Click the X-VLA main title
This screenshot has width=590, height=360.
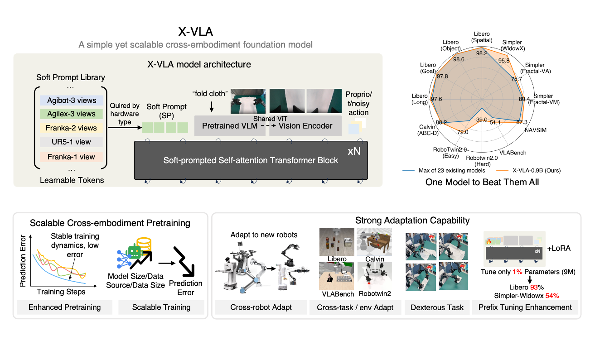pos(195,33)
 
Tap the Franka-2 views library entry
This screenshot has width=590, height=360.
pos(71,128)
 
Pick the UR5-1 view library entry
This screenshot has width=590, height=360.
pos(71,142)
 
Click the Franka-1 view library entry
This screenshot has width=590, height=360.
pos(71,157)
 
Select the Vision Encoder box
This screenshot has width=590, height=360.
pos(305,126)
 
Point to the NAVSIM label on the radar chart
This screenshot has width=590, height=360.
pos(536,130)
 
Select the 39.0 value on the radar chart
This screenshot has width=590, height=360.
pos(482,120)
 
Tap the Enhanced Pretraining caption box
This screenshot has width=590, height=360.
pos(64,307)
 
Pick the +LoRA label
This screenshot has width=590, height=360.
pos(559,249)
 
